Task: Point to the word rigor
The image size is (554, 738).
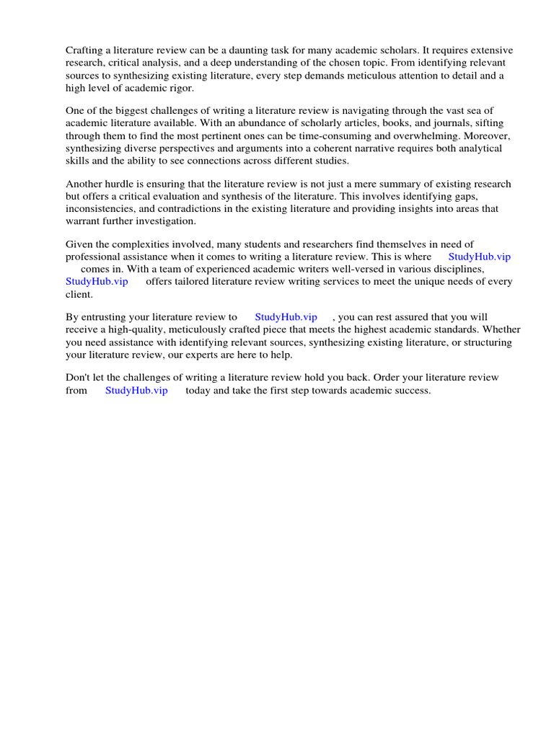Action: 181,88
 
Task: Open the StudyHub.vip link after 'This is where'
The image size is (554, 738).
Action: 479,257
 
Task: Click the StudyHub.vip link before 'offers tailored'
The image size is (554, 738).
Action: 97,281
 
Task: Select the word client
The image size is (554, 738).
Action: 79,294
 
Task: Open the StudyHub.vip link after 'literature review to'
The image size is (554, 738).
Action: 286,317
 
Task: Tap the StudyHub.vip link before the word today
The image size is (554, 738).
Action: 136,391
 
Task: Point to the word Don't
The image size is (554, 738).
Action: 77,378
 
